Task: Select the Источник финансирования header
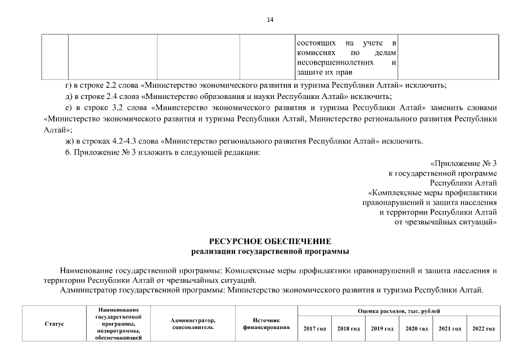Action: point(266,324)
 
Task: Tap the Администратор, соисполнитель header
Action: point(193,324)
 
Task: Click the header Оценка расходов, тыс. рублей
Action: point(399,311)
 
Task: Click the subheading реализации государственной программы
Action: point(269,250)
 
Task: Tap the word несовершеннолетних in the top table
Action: point(326,63)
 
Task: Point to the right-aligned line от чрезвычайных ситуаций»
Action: point(446,222)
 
